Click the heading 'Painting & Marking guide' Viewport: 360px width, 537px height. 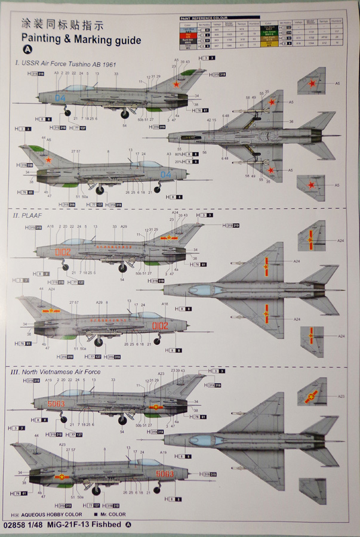[x=81, y=40]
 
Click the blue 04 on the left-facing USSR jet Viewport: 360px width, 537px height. [x=60, y=97]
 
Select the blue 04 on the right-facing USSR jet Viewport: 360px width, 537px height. [x=166, y=174]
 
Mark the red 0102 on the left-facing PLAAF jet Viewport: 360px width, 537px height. [x=62, y=252]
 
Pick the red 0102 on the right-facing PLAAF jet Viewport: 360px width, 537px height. [x=160, y=326]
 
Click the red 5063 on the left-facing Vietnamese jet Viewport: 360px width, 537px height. [x=56, y=404]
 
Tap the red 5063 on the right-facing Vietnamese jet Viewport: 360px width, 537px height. [x=165, y=473]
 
